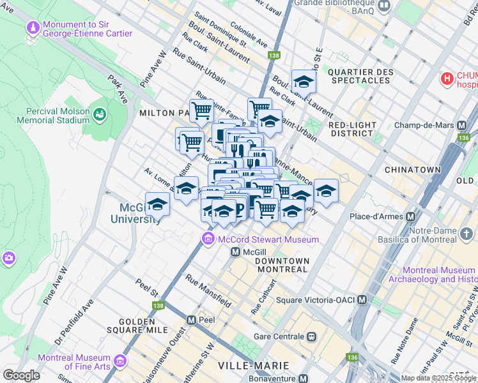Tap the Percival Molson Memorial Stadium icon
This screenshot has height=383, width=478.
(x=99, y=114)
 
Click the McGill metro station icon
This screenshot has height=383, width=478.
(x=235, y=252)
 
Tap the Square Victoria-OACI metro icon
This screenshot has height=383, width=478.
(x=362, y=299)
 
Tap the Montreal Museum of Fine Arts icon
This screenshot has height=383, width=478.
(x=119, y=362)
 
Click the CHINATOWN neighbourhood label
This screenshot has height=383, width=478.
(x=412, y=170)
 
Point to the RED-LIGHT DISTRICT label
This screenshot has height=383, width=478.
(x=350, y=129)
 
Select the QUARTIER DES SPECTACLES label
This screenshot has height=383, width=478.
(x=360, y=76)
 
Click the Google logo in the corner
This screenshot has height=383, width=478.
(x=21, y=375)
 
